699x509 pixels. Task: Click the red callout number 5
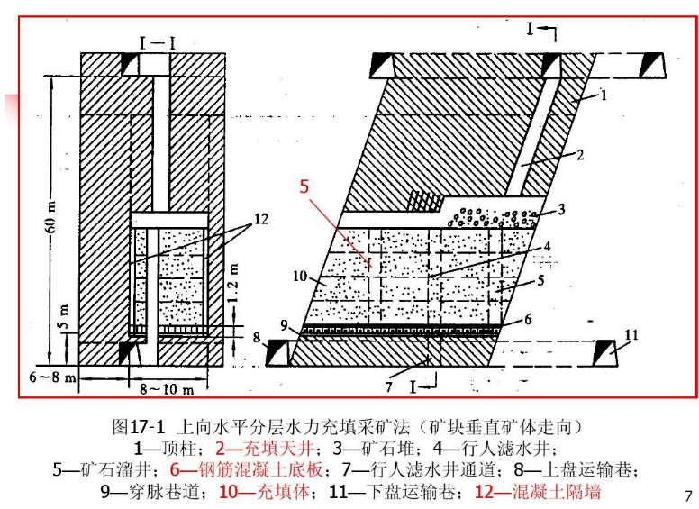coord(304,187)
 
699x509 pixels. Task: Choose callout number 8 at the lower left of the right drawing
coord(256,338)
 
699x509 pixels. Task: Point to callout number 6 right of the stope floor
coord(529,319)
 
